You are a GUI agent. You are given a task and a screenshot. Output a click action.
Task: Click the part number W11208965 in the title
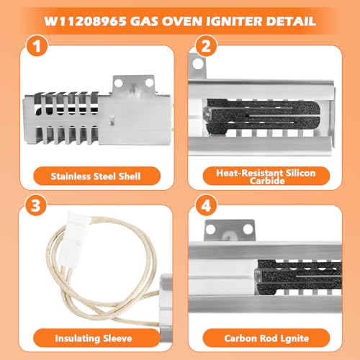click(85, 22)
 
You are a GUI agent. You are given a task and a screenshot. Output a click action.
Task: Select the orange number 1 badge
click(37, 45)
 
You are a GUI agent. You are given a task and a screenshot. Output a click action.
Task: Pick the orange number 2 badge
click(206, 45)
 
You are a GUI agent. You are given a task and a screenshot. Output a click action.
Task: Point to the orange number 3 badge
click(35, 205)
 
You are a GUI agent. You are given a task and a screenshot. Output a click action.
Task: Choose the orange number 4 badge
click(206, 205)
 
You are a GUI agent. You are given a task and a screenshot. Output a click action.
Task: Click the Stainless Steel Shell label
click(96, 176)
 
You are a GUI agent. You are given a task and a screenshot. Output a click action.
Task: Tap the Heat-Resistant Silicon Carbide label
click(266, 176)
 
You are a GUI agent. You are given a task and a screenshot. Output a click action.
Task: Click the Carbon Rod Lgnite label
click(266, 338)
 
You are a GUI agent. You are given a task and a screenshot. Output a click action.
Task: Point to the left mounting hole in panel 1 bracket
click(118, 83)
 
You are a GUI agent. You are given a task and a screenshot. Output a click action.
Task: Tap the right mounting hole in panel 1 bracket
click(149, 83)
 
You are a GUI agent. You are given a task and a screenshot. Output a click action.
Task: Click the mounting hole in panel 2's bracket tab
click(198, 63)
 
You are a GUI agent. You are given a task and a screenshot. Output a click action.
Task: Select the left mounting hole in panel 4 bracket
click(210, 229)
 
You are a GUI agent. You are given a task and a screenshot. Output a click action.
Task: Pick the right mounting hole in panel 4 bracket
click(248, 229)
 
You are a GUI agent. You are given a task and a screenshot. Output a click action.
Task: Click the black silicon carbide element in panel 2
click(263, 117)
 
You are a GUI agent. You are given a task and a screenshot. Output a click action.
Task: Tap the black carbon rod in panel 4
click(299, 276)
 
